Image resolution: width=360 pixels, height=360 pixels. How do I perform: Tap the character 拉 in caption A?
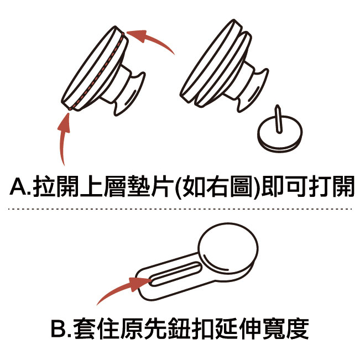coord(44,186)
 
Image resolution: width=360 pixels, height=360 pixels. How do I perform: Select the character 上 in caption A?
coord(91,186)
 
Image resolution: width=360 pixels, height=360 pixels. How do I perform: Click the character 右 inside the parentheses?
coord(217,186)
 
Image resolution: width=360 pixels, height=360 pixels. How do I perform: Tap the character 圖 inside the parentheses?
coord(241,186)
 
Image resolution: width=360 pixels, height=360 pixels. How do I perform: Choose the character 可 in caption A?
coord(296,186)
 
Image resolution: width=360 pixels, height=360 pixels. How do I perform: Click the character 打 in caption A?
coord(320,186)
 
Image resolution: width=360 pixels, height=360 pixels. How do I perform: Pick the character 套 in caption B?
coord(85,328)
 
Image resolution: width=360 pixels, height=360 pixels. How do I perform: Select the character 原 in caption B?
coord(132,328)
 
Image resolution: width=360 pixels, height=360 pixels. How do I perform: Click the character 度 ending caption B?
coord(298,328)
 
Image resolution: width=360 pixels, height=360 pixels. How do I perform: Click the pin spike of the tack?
coord(278,119)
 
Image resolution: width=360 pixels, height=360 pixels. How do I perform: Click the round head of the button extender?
coord(228,248)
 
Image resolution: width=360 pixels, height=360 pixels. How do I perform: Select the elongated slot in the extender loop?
coord(175,274)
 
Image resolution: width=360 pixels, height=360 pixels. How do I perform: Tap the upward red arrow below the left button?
coord(62,139)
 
